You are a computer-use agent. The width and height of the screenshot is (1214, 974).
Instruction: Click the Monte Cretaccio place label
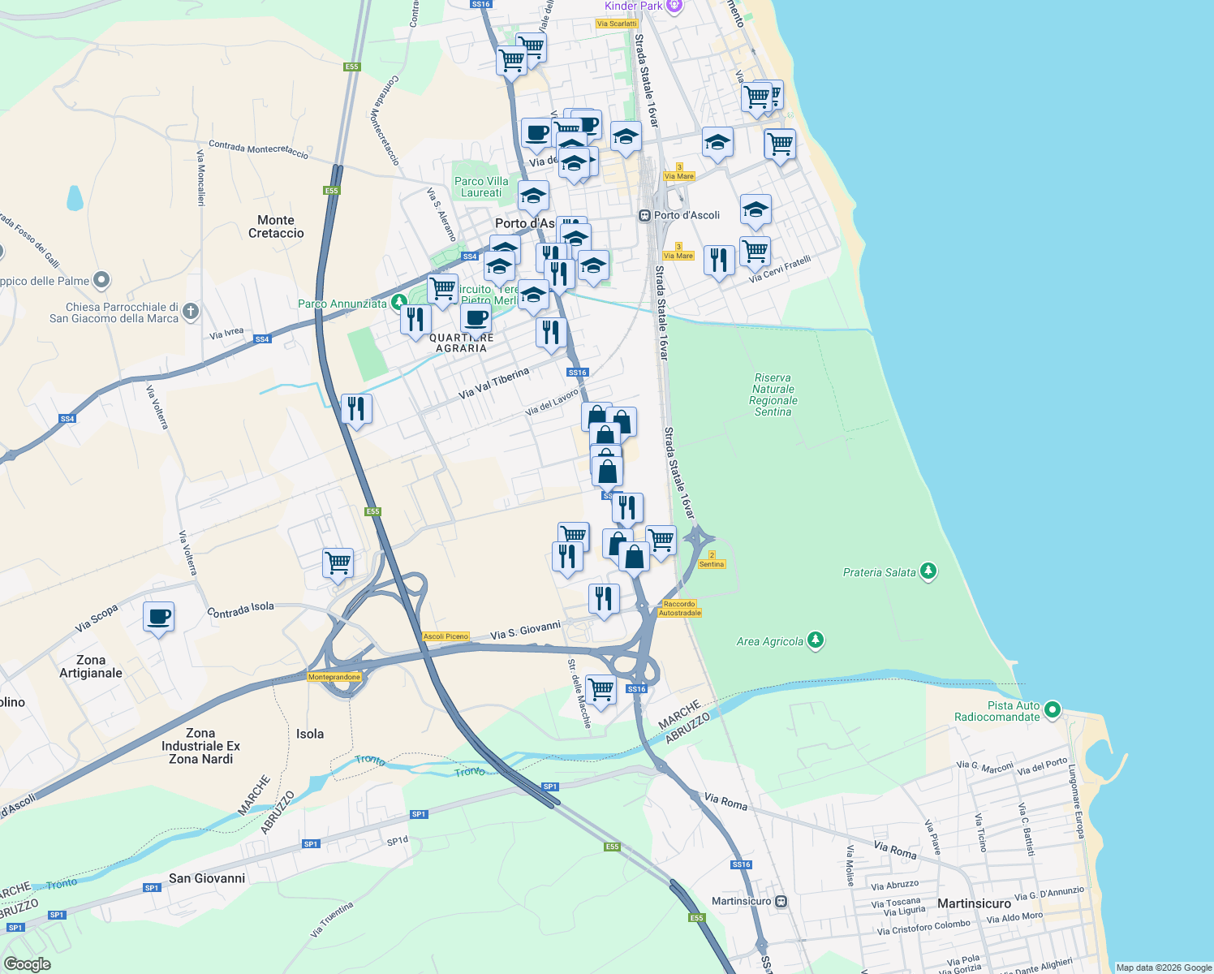pos(276,226)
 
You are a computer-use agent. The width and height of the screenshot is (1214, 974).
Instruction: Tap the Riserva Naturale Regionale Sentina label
pos(773,395)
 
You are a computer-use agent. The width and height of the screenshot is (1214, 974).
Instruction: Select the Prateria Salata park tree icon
pos(928,571)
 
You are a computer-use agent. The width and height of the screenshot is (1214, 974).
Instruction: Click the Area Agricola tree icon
pos(816,640)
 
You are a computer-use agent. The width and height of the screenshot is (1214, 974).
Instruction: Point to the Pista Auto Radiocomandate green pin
pos(1053,709)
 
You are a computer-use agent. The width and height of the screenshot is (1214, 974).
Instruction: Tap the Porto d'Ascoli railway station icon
pos(644,216)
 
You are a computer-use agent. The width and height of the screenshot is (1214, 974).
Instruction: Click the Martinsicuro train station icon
pos(781,901)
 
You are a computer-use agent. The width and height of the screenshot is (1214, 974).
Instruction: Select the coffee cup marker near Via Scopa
pos(159,617)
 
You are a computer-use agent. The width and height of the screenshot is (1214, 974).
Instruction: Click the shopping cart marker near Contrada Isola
pos(338,562)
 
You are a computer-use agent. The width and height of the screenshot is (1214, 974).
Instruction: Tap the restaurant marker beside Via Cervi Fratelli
pos(719,261)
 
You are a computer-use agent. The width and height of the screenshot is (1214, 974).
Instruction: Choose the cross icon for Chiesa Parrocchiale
pos(190,311)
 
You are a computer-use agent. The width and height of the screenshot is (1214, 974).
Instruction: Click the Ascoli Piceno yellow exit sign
pos(446,636)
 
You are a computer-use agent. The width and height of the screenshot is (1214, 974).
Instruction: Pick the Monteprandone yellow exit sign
pos(334,677)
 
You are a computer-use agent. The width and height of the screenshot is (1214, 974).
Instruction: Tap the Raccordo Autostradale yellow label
pos(680,609)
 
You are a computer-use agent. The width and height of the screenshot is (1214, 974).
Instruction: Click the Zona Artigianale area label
pos(91,666)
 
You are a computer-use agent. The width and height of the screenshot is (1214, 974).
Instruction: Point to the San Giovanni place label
pos(207,878)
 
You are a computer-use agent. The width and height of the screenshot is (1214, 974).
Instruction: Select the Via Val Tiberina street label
pos(493,382)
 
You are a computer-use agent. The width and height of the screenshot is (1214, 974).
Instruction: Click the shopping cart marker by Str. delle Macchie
pos(601,690)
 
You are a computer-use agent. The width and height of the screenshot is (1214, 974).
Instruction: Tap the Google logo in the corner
pos(27,964)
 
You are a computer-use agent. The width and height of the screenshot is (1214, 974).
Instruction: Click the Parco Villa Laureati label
pos(481,187)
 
